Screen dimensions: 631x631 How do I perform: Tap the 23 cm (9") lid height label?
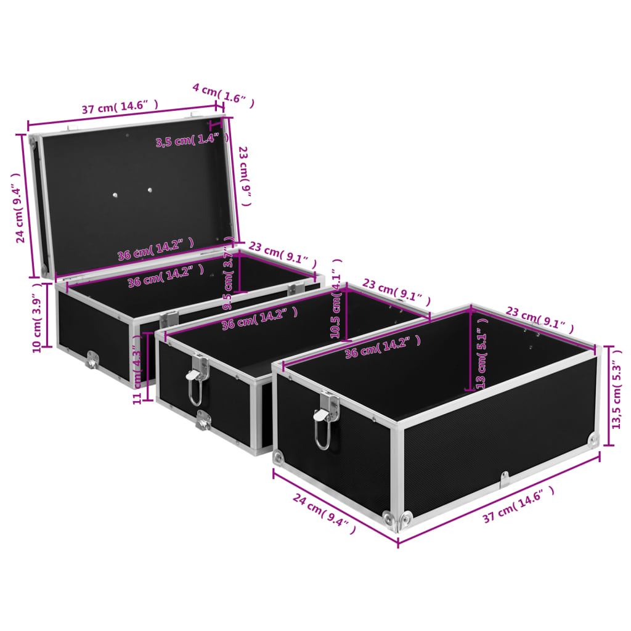click(x=245, y=176)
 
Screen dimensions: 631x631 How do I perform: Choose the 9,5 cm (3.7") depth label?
click(x=228, y=280)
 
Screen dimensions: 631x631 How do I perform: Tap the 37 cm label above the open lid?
click(x=120, y=107)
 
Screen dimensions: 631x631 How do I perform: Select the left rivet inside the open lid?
click(x=115, y=195)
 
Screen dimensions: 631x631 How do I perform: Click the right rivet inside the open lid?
click(x=149, y=190)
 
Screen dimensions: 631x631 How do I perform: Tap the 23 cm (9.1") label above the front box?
click(x=539, y=320)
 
